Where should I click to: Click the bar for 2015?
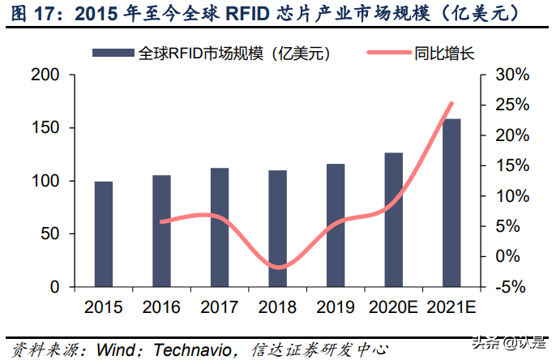[104, 234]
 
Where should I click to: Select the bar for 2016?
[162, 231]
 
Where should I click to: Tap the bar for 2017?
[220, 228]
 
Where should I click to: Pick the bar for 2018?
[277, 229]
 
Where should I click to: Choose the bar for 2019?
[336, 225]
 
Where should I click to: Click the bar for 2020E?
[394, 220]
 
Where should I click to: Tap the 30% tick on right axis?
[511, 75]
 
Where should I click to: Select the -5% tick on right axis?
[511, 287]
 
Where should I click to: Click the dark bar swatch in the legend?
[113, 53]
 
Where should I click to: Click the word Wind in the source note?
[115, 350]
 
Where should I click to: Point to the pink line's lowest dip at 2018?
[278, 267]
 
